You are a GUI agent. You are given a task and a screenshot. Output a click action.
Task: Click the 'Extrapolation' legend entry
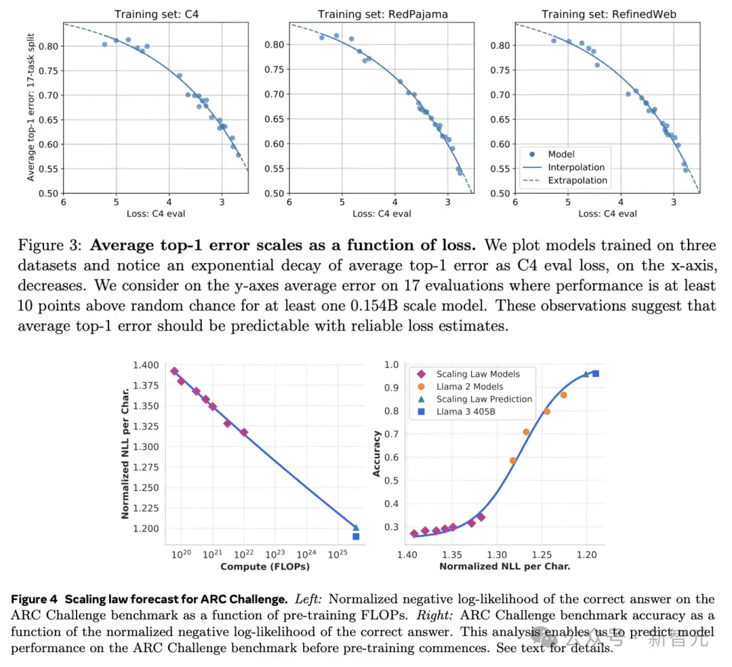tap(578, 180)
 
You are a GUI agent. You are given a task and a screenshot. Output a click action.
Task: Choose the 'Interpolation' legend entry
tap(577, 167)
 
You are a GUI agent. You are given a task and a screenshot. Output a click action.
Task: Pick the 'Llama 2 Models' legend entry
tap(470, 386)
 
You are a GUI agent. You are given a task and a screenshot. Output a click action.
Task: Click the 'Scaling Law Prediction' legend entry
tap(484, 399)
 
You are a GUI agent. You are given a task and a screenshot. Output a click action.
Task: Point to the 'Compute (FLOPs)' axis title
tap(266, 566)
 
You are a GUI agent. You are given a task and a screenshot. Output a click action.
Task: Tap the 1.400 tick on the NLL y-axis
tap(145, 365)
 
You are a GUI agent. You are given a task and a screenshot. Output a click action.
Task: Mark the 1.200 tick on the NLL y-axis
tap(145, 529)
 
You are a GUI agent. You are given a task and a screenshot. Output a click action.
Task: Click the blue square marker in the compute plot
tap(356, 536)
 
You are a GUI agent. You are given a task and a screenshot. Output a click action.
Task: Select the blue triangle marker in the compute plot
tap(356, 527)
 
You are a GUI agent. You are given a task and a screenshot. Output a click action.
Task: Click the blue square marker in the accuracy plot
tap(596, 373)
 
